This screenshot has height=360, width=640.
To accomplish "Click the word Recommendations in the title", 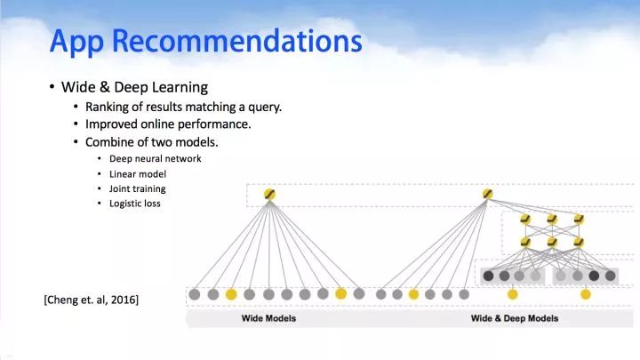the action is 236,41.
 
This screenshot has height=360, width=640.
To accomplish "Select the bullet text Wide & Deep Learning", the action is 135,87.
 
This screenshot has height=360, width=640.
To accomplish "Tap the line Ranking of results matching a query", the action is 183,107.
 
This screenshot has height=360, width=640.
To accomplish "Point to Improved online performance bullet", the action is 168,124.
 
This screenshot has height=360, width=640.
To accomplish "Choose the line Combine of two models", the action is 151,142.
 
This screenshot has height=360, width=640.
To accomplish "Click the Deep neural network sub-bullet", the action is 155,159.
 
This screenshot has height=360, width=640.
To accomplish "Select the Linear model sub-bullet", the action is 138,174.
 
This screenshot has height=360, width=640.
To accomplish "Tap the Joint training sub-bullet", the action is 137,189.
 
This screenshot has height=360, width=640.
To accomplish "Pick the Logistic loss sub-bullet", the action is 135,204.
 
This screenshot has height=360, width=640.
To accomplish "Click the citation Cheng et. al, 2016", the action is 92,300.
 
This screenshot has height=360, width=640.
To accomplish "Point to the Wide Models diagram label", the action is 268,318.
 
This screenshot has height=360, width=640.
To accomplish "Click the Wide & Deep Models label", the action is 515,318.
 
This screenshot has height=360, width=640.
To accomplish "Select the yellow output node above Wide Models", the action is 269,195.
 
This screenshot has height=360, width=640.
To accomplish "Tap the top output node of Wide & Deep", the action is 487,194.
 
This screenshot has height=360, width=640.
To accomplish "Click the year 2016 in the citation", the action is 123,300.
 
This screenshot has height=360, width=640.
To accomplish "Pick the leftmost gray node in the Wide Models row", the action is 195,294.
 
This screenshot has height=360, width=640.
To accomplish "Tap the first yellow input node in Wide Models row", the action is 231,294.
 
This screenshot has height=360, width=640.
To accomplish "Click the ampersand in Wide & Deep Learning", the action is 105,87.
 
